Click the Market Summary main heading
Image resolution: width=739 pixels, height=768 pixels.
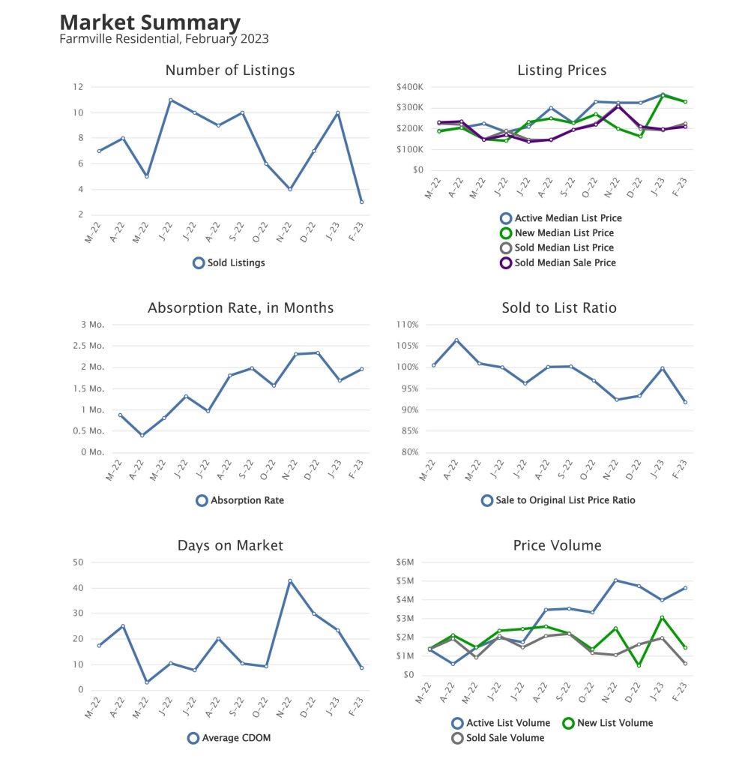click(x=150, y=22)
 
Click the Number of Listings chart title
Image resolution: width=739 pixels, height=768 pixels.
click(x=230, y=70)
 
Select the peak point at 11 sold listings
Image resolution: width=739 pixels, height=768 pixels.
click(x=171, y=100)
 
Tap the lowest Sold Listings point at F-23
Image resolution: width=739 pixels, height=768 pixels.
click(x=361, y=202)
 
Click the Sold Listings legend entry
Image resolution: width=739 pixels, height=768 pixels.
click(x=229, y=263)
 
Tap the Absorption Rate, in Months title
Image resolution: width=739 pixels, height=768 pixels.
click(x=241, y=308)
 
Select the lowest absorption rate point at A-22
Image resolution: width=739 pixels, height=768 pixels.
click(x=142, y=435)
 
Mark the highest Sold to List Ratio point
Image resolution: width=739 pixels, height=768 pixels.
click(x=456, y=340)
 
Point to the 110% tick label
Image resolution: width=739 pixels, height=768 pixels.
click(x=406, y=325)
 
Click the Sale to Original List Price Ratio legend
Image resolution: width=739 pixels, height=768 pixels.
click(x=558, y=499)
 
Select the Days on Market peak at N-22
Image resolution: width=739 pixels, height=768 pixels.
click(x=290, y=580)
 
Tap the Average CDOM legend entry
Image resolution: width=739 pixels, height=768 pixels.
click(x=229, y=738)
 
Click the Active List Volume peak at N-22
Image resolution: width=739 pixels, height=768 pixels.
click(x=615, y=580)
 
